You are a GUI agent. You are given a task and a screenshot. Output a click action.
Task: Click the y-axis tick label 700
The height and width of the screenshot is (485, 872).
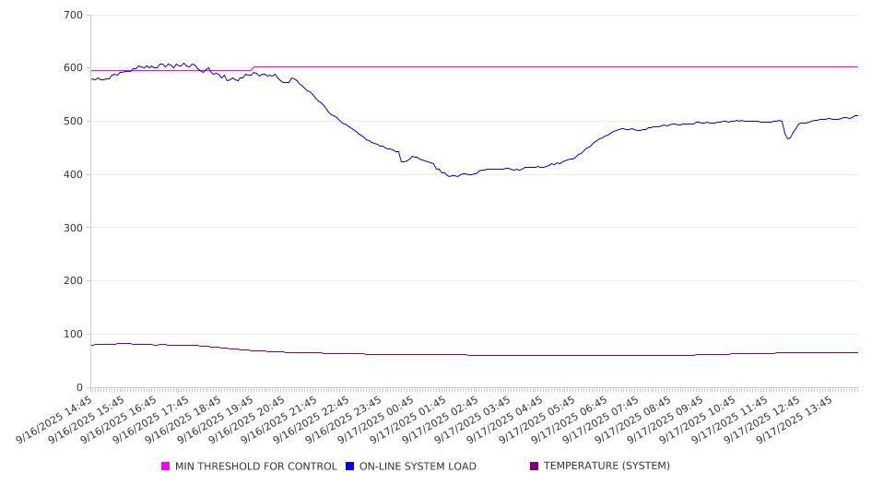click(x=74, y=15)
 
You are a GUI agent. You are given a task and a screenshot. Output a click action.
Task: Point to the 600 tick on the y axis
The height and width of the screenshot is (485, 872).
click(x=74, y=68)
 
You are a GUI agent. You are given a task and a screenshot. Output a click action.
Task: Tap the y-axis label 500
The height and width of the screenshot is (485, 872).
click(x=74, y=122)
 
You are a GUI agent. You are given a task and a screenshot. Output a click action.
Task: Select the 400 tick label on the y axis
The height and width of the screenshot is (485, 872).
click(x=74, y=174)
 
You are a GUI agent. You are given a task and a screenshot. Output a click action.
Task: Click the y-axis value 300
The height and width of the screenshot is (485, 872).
click(x=74, y=228)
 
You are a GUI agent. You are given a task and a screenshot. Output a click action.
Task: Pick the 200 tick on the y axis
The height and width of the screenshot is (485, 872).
click(x=74, y=281)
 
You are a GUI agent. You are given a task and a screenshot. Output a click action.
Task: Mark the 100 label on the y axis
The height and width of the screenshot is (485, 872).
click(x=74, y=334)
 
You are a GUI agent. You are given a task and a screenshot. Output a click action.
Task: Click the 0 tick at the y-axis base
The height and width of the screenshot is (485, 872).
click(x=80, y=387)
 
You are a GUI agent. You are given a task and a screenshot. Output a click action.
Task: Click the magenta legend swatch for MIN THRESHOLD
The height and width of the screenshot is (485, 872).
click(x=166, y=467)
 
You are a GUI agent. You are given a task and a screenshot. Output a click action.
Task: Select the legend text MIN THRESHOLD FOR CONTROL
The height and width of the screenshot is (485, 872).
click(x=255, y=467)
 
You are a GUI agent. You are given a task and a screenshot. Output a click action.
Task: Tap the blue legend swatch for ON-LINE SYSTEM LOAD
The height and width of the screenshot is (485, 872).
click(x=350, y=467)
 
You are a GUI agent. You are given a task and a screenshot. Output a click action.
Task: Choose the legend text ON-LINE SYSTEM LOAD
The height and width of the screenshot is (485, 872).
click(x=418, y=467)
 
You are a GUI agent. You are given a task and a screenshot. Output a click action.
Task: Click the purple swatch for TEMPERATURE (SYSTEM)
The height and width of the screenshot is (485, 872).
click(x=535, y=467)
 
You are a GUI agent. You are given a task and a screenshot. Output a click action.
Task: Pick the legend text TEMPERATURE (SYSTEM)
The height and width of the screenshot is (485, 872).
click(x=607, y=467)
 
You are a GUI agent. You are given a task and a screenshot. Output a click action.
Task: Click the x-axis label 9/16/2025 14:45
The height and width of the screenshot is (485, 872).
click(x=65, y=420)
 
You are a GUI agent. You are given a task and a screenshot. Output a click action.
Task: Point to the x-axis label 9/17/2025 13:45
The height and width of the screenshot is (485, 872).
click(x=807, y=420)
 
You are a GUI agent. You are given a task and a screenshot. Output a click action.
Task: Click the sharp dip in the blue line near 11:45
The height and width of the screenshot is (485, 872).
click(x=787, y=138)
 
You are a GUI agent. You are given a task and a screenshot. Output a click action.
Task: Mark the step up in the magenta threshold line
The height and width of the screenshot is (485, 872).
click(x=253, y=68)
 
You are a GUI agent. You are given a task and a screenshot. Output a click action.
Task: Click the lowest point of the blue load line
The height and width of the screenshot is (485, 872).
click(x=452, y=176)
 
